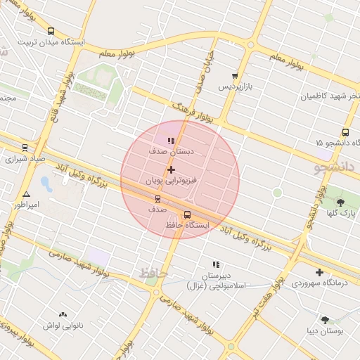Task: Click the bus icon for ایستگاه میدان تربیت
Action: pos(51,32)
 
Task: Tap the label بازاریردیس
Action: pos(233,87)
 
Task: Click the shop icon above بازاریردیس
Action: pos(235,76)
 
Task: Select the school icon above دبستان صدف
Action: pos(172,141)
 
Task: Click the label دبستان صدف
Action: pos(172,151)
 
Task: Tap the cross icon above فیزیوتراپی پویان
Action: pos(171,170)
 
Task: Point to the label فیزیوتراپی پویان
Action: pos(172,181)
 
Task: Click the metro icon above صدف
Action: pos(157,199)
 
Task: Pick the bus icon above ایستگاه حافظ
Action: pos(187,215)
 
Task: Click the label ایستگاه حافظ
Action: pos(187,226)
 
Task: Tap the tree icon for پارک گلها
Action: pos(341,202)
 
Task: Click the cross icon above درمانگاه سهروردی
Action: pos(319,272)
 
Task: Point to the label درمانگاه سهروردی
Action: pos(320,283)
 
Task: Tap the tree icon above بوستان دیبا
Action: pos(325,320)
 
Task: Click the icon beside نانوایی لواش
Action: pos(63,315)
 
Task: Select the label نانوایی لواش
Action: pos(64,326)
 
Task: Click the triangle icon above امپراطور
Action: pos(27,194)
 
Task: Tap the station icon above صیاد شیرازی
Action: pos(25,148)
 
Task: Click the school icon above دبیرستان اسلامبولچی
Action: pos(216,264)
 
